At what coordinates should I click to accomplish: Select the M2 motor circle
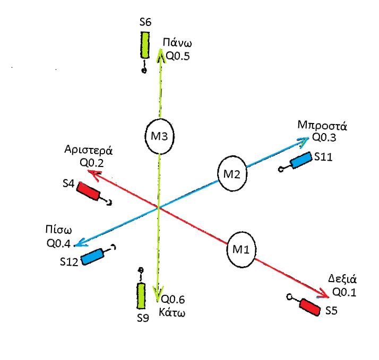tap(232, 174)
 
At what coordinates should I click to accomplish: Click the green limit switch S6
tap(145, 46)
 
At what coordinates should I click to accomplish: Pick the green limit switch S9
tap(141, 295)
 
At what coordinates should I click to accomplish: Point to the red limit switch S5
tap(310, 306)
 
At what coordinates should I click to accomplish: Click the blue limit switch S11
tap(301, 160)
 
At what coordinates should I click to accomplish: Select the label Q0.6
tap(175, 298)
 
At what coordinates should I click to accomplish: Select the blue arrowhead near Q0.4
tap(79, 243)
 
